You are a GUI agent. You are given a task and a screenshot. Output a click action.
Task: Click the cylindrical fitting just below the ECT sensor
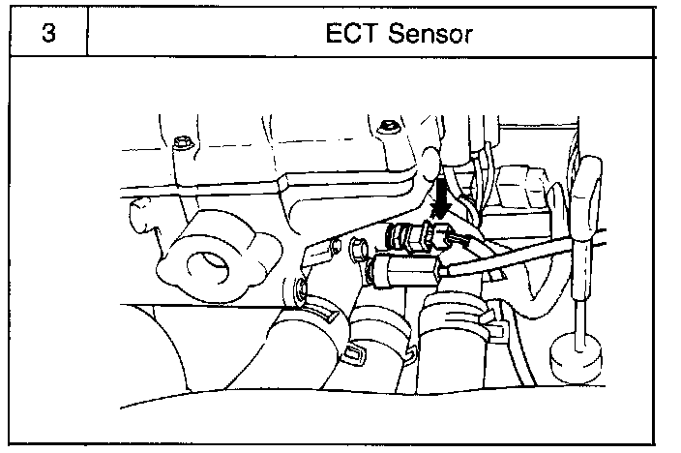tap(406, 269)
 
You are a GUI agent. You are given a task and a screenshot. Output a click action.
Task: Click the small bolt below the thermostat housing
tap(300, 287)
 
